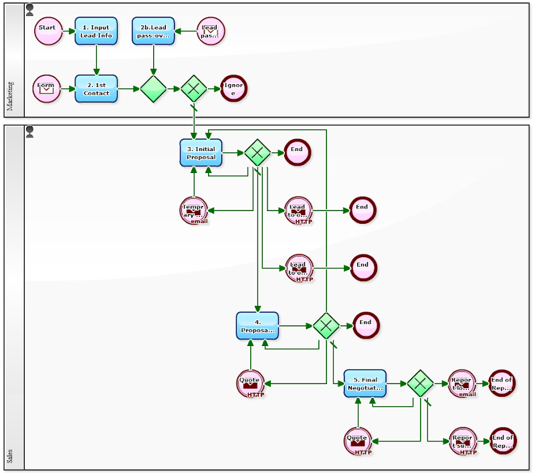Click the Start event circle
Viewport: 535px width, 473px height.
[48, 31]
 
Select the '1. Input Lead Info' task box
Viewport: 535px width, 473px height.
[96, 31]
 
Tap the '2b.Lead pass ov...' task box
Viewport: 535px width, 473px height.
[153, 31]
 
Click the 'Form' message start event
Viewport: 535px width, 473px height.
[46, 88]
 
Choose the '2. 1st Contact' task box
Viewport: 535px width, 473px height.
[96, 88]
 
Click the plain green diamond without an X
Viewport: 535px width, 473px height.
[153, 88]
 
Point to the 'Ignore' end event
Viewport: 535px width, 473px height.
[233, 88]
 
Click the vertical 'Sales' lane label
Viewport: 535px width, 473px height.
[10, 457]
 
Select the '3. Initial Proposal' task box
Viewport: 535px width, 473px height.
[201, 153]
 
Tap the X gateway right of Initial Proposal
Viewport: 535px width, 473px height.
[257, 153]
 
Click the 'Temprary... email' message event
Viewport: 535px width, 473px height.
[194, 210]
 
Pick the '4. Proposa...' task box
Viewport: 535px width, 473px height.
[257, 326]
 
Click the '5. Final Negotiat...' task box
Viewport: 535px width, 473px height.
[365, 383]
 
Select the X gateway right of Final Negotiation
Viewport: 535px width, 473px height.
[420, 383]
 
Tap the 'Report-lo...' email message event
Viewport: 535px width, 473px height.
[461, 383]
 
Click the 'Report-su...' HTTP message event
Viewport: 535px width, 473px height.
[462, 441]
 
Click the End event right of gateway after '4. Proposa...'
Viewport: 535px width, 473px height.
[366, 325]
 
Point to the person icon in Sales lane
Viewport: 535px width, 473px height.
[29, 131]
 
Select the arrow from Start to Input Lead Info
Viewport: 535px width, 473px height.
[68, 31]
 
